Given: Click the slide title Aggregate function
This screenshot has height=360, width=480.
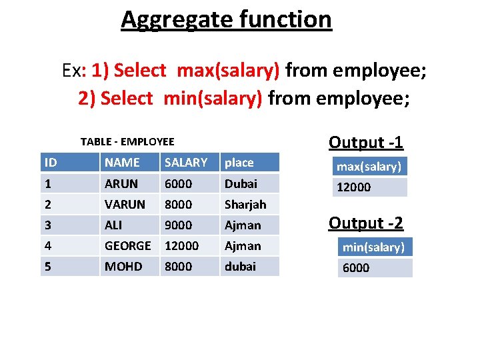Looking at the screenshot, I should click(226, 19).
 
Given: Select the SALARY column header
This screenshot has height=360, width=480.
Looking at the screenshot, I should click(186, 162).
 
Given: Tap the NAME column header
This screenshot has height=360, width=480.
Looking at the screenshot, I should click(122, 162).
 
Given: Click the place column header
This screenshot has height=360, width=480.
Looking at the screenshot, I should click(239, 162).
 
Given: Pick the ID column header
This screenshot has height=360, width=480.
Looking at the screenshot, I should click(50, 162).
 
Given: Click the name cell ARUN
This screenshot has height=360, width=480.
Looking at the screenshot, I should click(121, 183).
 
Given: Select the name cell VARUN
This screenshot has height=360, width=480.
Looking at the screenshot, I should click(125, 204).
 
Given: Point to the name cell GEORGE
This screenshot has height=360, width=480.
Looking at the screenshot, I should click(127, 245).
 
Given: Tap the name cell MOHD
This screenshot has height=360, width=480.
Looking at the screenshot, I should click(123, 266).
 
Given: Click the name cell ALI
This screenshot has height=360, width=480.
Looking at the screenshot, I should click(113, 225).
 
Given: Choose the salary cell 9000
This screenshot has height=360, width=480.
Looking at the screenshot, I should click(178, 225).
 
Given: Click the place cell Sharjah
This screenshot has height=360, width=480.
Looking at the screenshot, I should click(245, 204).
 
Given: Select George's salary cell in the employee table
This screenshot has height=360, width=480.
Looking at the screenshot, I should click(181, 245).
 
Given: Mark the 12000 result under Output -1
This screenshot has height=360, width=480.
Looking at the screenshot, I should click(353, 187).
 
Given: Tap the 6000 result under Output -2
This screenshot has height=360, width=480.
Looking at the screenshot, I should click(356, 268).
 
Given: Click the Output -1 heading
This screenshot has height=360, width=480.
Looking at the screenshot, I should click(366, 142).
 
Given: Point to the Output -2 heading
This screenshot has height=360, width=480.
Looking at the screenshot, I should click(366, 223).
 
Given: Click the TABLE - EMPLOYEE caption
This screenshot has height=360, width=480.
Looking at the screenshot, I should click(127, 141).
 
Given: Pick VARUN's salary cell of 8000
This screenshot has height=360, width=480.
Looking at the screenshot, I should click(178, 204).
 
